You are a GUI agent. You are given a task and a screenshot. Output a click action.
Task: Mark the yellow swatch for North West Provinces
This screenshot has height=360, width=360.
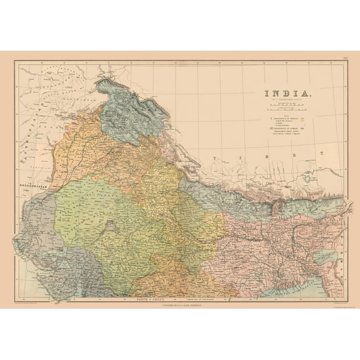point(303,120)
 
